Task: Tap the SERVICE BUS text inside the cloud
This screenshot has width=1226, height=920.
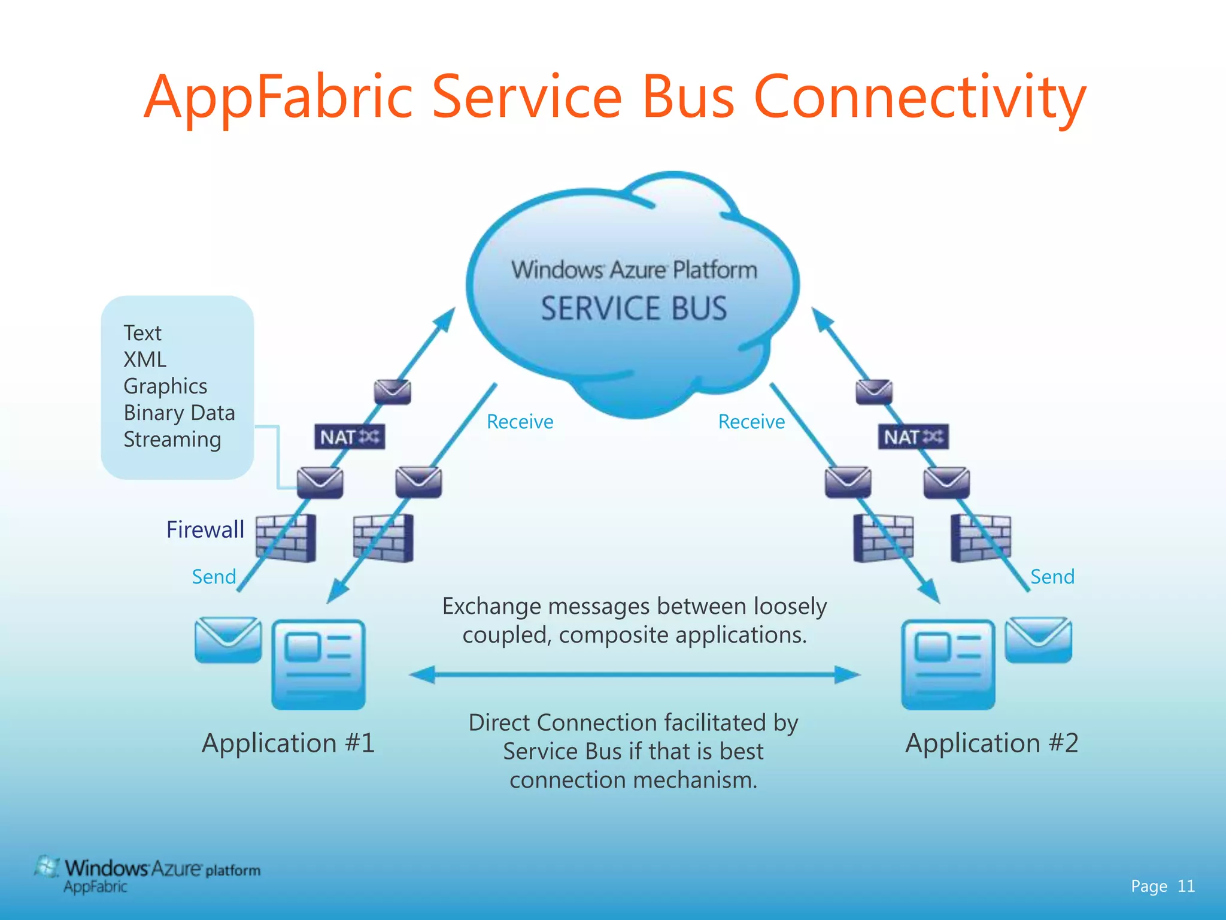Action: click(x=634, y=308)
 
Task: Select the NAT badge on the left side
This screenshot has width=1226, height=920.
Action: click(x=350, y=437)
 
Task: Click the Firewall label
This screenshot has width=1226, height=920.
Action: click(x=205, y=529)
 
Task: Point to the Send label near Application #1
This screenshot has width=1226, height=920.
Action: click(x=214, y=577)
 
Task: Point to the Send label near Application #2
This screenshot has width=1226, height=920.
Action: click(x=1052, y=577)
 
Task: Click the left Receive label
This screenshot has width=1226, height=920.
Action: click(x=520, y=422)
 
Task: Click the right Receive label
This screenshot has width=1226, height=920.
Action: click(x=751, y=422)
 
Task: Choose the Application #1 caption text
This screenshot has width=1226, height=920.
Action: click(x=289, y=743)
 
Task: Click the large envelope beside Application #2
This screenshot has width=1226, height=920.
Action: click(x=1039, y=640)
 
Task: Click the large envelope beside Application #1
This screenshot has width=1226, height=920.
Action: click(x=228, y=640)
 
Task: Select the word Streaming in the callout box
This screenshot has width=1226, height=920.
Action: click(x=172, y=440)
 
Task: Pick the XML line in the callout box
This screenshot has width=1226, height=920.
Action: click(x=145, y=359)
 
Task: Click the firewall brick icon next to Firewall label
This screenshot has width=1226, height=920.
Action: click(x=286, y=538)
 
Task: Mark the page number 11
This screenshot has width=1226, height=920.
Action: click(x=1186, y=886)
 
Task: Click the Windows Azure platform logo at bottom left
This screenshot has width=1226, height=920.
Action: click(x=147, y=874)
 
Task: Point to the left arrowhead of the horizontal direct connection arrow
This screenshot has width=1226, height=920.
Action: click(x=421, y=675)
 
